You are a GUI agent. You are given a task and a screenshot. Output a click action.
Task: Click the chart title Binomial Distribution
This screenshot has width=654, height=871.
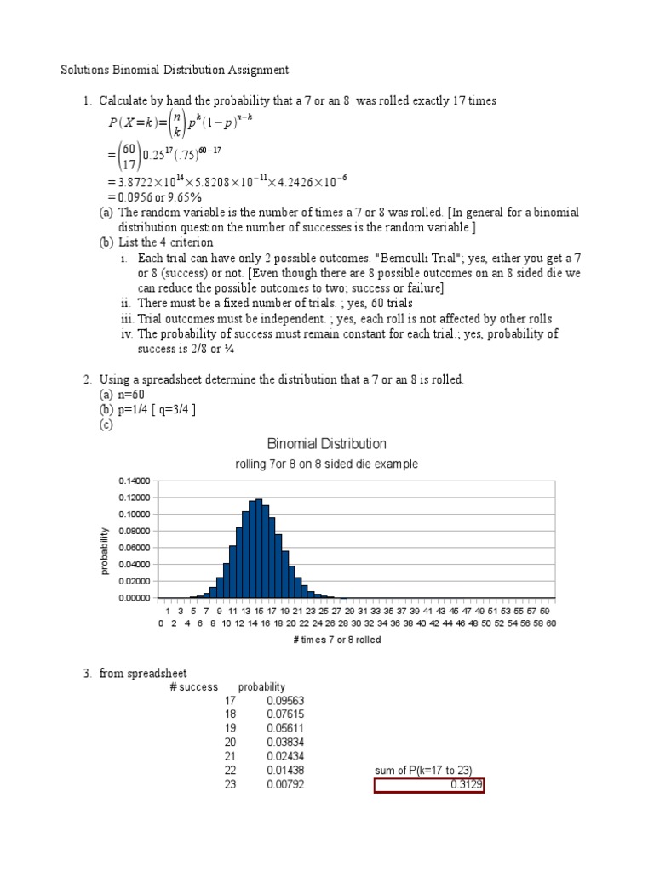327,444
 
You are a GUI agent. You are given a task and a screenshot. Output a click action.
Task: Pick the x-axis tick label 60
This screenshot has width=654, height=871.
551,623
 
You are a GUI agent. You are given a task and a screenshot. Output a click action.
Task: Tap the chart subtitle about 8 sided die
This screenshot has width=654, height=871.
327,464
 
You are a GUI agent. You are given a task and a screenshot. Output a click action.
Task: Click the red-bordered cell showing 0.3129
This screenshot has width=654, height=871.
429,785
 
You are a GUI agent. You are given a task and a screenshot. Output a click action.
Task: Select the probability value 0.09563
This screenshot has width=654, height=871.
286,701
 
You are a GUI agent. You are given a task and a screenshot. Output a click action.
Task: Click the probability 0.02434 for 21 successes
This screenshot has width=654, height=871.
286,756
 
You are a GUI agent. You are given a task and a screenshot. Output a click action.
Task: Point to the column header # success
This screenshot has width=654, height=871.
195,686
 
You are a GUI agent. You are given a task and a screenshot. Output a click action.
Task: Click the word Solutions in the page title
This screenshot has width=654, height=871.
84,71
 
